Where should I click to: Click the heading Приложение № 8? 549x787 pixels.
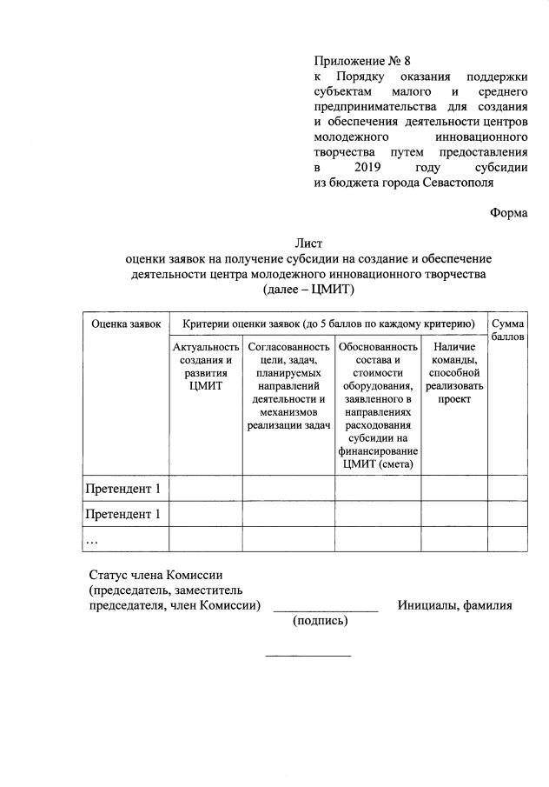pyautogui.click(x=360, y=61)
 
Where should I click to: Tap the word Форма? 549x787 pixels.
pyautogui.click(x=508, y=212)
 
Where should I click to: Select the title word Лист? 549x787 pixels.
pyautogui.click(x=308, y=243)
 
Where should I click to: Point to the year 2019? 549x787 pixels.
pyautogui.click(x=370, y=167)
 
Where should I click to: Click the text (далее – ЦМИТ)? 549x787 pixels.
pyautogui.click(x=308, y=290)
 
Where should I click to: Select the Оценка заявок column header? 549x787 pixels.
pyautogui.click(x=126, y=323)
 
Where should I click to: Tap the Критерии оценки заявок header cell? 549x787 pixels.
pyautogui.click(x=328, y=323)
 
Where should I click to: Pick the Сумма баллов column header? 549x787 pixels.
pyautogui.click(x=507, y=330)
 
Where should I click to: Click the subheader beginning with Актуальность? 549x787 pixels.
pyautogui.click(x=206, y=367)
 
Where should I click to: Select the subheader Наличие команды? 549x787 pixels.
pyautogui.click(x=453, y=373)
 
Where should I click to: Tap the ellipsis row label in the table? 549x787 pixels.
pyautogui.click(x=92, y=539)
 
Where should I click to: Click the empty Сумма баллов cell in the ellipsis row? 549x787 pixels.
pyautogui.click(x=507, y=539)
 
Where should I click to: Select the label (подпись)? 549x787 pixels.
pyautogui.click(x=321, y=621)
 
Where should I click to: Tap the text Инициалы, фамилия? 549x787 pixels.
pyautogui.click(x=454, y=605)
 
